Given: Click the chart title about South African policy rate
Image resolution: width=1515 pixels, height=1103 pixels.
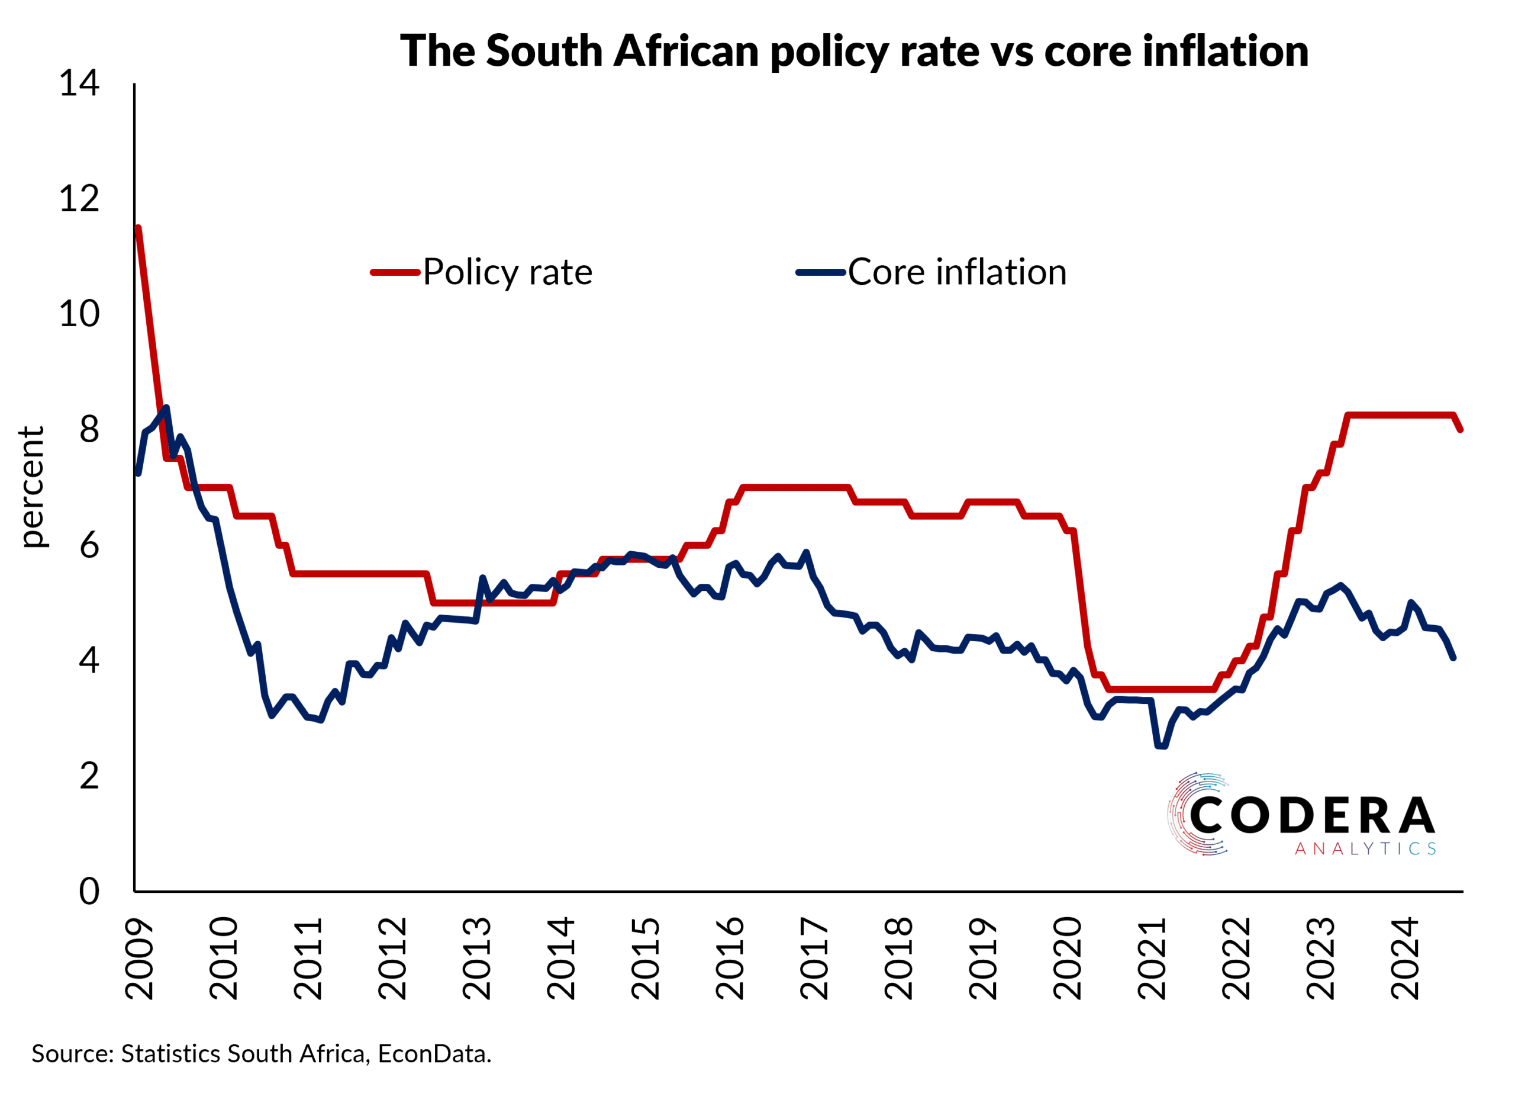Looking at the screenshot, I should tap(854, 52).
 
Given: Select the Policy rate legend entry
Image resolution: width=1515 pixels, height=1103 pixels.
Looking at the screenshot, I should tap(507, 272).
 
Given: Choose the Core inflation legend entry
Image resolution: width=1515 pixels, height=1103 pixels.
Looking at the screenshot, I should tap(956, 272).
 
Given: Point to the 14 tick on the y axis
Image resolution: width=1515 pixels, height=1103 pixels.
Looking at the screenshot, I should tap(79, 83).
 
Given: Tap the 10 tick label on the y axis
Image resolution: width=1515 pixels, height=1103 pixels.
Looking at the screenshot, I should tap(79, 314).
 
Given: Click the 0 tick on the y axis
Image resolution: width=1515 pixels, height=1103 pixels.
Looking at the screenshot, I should tap(89, 892).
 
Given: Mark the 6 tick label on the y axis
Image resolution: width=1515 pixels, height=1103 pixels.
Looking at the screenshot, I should tap(89, 545).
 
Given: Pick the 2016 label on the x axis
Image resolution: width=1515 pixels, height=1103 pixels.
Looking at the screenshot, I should tap(730, 958).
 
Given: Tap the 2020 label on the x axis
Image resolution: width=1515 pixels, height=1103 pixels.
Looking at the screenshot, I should tap(1067, 958).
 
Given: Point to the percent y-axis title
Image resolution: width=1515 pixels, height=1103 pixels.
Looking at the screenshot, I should tap(32, 487).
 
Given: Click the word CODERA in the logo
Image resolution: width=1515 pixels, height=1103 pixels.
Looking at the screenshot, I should tap(1312, 816).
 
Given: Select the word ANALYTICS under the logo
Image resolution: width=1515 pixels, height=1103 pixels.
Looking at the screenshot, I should tap(1365, 849).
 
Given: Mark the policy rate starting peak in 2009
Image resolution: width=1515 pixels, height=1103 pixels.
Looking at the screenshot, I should tap(138, 229).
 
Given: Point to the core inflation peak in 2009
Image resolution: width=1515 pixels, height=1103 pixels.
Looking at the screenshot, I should tap(166, 407).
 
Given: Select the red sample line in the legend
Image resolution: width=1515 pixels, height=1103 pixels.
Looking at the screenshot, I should tap(395, 272).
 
